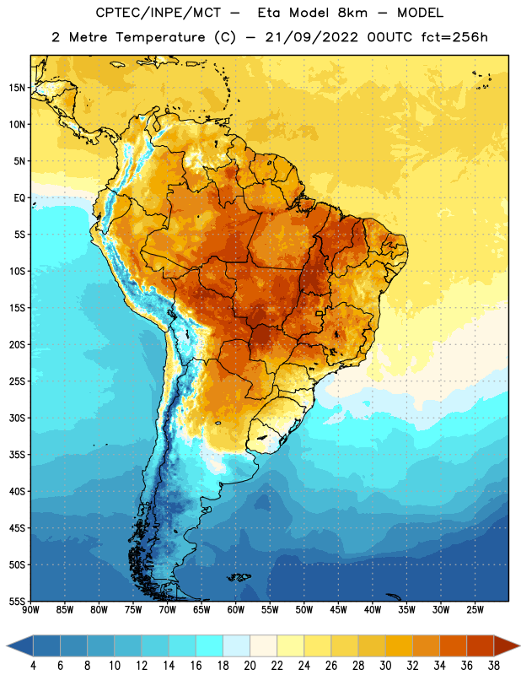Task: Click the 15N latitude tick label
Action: tap(17, 88)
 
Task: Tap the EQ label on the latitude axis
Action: tap(19, 198)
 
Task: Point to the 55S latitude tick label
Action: tap(17, 601)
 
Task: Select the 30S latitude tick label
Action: tap(17, 418)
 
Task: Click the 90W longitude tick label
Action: tap(30, 610)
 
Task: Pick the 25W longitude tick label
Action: tap(475, 610)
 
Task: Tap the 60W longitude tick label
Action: tap(236, 610)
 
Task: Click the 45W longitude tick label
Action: tap(338, 610)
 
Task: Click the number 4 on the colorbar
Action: tap(33, 666)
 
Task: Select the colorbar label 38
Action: tap(494, 666)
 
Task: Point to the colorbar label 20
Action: tap(250, 666)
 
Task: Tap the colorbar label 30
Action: tap(385, 666)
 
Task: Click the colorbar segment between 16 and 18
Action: tap(210, 645)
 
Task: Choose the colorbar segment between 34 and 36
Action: tap(453, 645)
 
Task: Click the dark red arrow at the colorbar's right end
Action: tap(507, 645)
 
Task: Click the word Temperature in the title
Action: tap(160, 37)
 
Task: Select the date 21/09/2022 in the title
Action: tap(311, 37)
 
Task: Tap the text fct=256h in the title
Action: tap(454, 37)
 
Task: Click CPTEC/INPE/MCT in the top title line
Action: tap(158, 13)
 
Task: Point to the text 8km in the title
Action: tap(352, 13)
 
